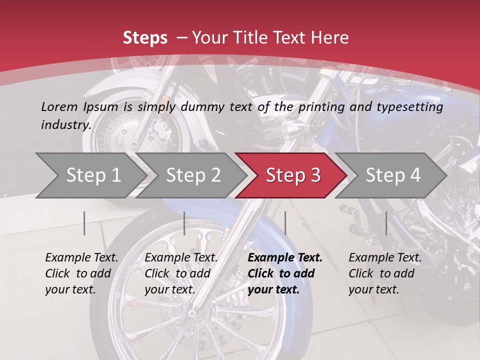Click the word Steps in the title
coord(145,38)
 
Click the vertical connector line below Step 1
coord(84,223)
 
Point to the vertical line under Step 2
coord(184,223)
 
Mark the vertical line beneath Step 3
coord(285,223)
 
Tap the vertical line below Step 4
coord(386,223)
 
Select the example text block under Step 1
coord(81,273)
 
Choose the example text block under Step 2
coord(181,273)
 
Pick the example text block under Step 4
coord(385,273)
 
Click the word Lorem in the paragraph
coord(59,107)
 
